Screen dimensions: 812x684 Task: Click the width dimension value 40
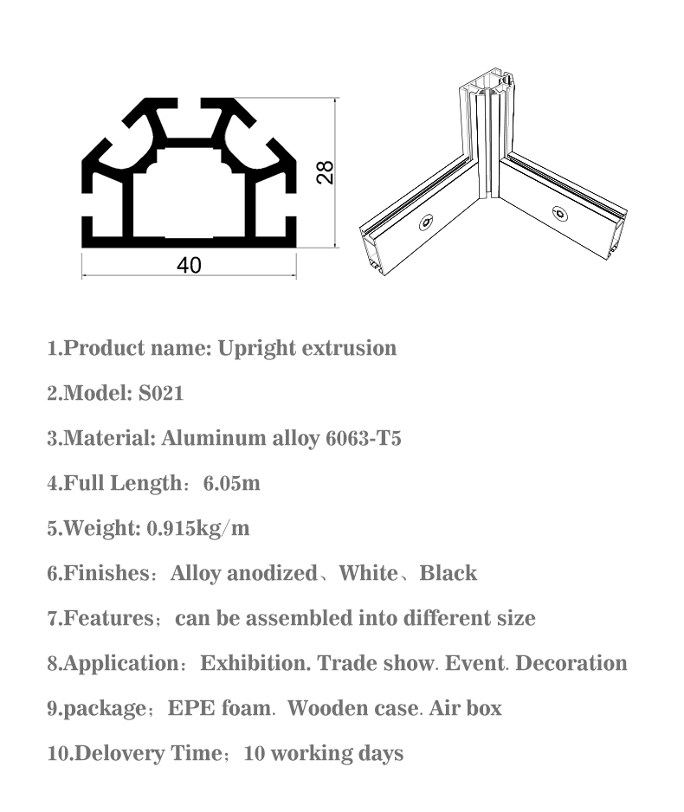coord(189,265)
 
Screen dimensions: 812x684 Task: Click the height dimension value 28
coord(325,171)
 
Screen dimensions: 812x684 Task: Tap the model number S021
coord(161,393)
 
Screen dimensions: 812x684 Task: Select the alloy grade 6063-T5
coord(363,438)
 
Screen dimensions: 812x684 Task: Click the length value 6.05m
coord(231,483)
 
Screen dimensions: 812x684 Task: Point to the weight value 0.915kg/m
coord(198,528)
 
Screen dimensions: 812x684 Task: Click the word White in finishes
coord(368,573)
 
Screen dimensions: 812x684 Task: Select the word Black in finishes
coord(448,573)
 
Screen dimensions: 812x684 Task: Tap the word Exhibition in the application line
coord(255,663)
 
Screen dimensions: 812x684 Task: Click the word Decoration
coord(571,663)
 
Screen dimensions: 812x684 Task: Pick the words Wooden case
coord(352,708)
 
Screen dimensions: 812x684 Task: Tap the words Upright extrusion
coord(307,348)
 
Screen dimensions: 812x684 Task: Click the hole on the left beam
coord(426,224)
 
